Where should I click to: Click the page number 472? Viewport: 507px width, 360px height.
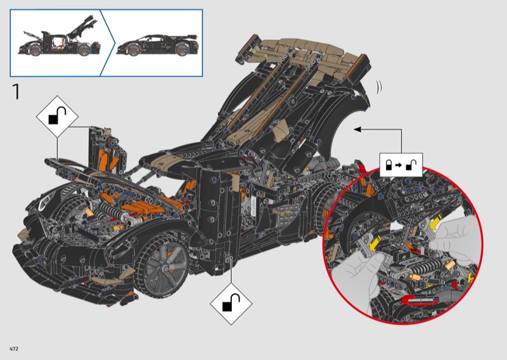(14, 349)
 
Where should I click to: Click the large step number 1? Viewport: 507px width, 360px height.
(16, 91)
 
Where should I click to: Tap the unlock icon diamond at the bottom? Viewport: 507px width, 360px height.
(231, 304)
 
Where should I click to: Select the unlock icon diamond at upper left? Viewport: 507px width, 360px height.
(57, 117)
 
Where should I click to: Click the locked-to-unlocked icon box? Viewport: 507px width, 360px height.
(401, 165)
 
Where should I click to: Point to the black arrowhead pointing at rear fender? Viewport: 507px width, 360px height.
(357, 129)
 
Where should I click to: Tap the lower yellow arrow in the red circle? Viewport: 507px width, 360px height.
(375, 243)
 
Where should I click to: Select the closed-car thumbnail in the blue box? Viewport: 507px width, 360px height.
(157, 45)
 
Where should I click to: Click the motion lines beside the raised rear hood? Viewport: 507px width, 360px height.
(379, 87)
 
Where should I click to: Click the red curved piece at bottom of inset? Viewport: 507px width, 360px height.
(420, 300)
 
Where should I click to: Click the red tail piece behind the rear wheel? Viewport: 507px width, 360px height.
(361, 165)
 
